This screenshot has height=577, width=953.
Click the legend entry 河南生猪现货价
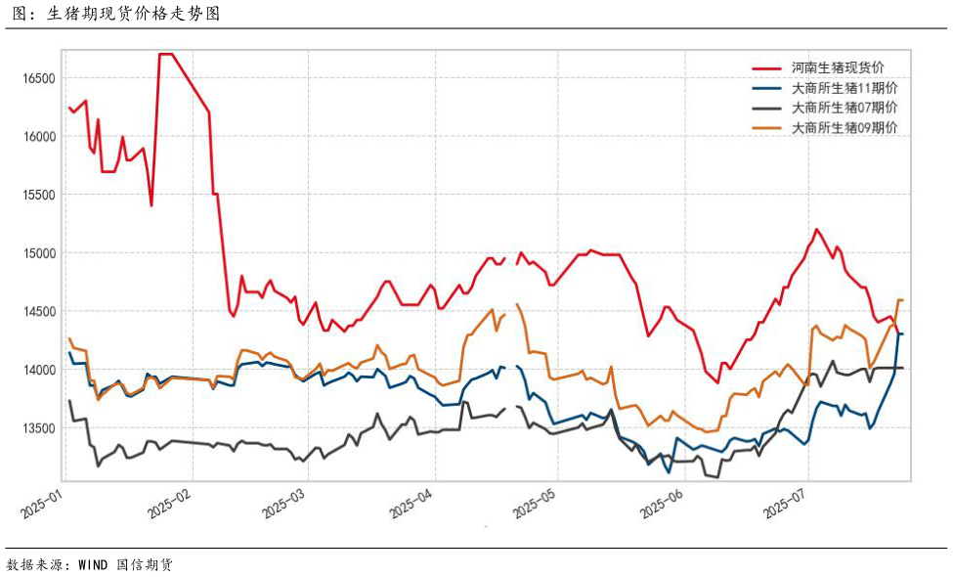point(838,67)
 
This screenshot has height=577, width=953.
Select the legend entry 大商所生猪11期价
point(845,88)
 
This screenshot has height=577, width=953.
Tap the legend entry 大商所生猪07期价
point(845,108)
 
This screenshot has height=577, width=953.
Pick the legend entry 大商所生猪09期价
point(845,128)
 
